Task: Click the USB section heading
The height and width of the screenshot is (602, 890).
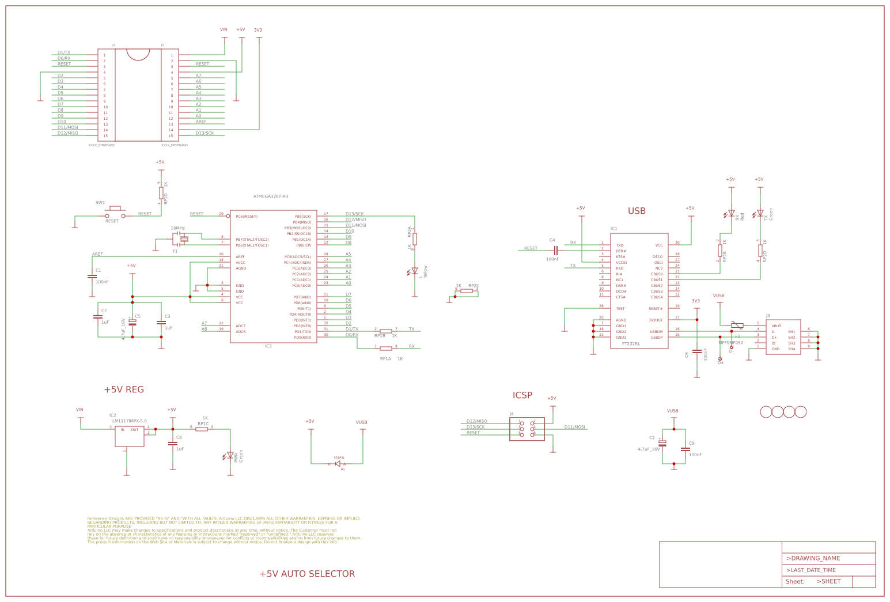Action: click(x=637, y=211)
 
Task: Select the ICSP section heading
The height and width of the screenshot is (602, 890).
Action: click(x=522, y=395)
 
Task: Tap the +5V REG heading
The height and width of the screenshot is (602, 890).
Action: click(x=124, y=389)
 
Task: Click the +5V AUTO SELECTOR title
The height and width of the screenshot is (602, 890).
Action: click(x=307, y=574)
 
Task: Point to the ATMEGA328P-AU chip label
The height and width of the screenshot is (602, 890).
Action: click(x=271, y=196)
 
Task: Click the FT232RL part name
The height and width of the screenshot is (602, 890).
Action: click(x=631, y=343)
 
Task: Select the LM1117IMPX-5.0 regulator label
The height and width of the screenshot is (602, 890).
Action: click(x=130, y=421)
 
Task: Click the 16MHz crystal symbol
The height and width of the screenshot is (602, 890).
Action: click(x=184, y=239)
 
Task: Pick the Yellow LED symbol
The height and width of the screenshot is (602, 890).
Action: click(x=415, y=270)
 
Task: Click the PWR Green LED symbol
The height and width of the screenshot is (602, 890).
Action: click(x=230, y=455)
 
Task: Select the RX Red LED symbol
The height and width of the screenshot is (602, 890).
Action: click(x=732, y=213)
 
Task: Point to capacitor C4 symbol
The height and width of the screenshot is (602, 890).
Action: click(x=556, y=251)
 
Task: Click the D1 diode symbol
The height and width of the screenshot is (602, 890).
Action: click(x=338, y=464)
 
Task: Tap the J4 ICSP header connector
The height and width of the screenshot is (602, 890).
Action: click(x=527, y=429)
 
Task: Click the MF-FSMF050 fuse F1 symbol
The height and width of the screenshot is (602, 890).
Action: click(x=737, y=325)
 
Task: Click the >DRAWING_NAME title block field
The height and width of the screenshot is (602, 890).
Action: click(x=813, y=558)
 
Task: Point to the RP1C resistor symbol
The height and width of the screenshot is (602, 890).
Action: click(x=202, y=429)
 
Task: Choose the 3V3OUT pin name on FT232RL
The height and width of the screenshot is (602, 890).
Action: click(x=656, y=320)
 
